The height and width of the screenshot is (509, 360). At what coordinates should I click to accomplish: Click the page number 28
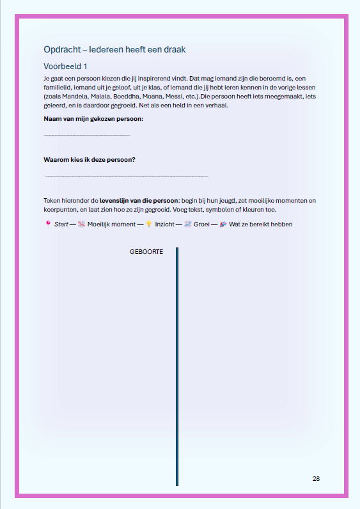point(316,479)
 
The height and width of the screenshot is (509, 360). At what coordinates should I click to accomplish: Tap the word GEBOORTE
point(146,252)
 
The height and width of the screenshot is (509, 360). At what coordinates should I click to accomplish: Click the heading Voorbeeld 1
point(65,66)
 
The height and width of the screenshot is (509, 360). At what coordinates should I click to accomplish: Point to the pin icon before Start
point(48,224)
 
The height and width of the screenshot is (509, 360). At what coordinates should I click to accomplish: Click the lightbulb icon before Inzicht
point(148,224)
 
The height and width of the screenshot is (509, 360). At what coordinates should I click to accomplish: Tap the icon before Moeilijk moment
point(81,224)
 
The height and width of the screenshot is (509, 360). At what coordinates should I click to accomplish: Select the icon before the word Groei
point(187,224)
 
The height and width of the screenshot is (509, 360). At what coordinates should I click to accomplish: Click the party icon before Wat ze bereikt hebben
point(223,224)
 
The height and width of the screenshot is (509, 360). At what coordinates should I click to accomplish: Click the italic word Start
point(61,224)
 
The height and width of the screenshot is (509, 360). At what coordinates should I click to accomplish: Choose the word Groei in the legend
point(203,224)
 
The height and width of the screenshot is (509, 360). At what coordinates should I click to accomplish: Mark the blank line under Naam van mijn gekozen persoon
point(86,135)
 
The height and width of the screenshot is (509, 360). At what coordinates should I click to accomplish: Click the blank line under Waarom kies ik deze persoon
point(127,176)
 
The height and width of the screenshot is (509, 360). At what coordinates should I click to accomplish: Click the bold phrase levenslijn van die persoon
point(139,200)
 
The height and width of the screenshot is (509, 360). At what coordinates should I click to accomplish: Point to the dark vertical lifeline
point(177,364)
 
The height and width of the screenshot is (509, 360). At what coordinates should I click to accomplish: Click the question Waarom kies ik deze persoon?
point(89,159)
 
